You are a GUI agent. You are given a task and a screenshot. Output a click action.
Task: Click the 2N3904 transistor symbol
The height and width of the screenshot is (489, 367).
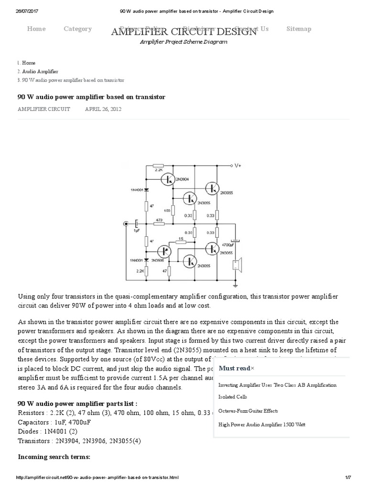167,179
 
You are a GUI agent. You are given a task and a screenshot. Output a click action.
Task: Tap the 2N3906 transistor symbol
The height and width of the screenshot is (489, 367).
164,252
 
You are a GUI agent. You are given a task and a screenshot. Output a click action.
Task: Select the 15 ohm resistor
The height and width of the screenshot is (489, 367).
180,242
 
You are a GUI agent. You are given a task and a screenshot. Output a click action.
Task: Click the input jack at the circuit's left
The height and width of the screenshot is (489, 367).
126,223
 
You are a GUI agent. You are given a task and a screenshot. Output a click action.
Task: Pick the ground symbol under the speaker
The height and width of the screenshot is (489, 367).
235,286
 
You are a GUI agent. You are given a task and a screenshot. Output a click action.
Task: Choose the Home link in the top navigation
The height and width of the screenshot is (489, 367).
36,29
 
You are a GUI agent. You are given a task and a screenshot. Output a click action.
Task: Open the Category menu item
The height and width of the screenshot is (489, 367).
77,29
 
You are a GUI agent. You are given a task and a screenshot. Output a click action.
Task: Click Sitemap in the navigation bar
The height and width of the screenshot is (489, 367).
299,29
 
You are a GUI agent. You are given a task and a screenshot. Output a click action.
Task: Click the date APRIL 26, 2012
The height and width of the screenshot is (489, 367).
103,109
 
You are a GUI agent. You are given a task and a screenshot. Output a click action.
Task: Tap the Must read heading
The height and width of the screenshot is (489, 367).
234,368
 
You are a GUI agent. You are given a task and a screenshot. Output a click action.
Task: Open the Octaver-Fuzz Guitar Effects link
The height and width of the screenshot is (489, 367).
248,411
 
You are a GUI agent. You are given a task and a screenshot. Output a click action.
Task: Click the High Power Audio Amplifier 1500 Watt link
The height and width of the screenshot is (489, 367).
261,425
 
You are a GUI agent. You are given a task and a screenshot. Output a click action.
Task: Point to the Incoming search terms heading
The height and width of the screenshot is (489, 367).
54,457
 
